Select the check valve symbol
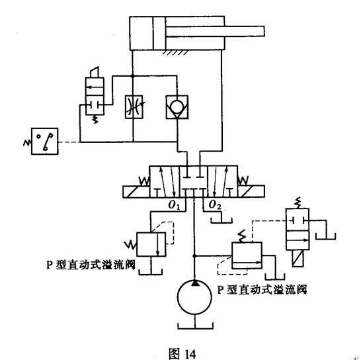click(177, 107)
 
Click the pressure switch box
click(45, 141)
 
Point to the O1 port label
click(174, 205)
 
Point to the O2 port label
click(215, 205)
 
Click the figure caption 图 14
click(182, 354)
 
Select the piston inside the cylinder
click(159, 33)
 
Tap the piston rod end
click(264, 31)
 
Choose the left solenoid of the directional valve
click(136, 192)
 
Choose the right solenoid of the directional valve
click(251, 192)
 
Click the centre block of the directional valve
click(193, 181)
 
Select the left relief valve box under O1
click(151, 244)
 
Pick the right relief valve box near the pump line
click(247, 255)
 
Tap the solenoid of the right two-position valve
click(298, 258)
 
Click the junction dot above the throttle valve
click(132, 75)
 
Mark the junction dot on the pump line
click(194, 256)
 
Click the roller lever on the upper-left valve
click(95, 72)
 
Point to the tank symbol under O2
click(221, 220)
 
